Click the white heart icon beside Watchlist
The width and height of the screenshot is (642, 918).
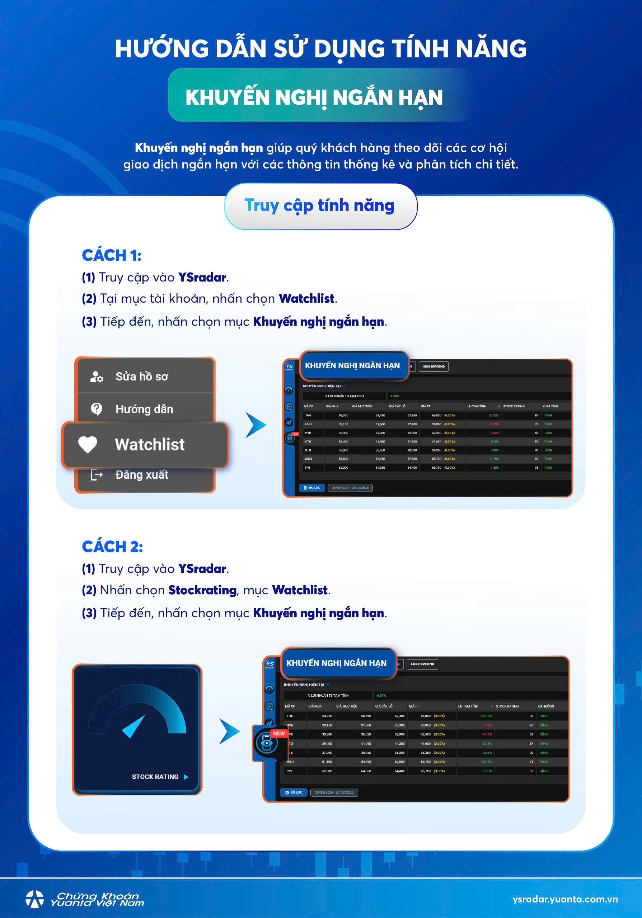pos(88,444)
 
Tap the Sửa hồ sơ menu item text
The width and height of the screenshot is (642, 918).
pos(142,376)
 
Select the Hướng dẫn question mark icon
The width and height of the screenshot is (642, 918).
pos(97,409)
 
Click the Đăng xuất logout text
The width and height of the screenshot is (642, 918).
pos(142,474)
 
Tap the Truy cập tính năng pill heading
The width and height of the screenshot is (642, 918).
pos(320,205)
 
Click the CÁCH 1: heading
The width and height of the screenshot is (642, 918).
pos(112,255)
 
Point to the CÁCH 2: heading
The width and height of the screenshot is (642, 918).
pos(112,546)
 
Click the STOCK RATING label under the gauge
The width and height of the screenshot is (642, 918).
pos(155,776)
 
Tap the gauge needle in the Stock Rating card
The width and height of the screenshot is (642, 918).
pos(133,727)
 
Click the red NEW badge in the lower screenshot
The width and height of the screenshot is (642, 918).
pos(279,733)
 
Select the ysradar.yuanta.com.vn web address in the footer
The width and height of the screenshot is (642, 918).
pos(565,899)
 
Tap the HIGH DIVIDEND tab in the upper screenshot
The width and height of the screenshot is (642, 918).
pos(433,366)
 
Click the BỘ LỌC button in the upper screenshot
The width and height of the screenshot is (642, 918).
pos(312,487)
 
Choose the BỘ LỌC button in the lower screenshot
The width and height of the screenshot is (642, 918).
pos(294,792)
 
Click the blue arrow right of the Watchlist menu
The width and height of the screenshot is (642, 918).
pos(255,425)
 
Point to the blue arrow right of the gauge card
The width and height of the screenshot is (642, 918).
pos(229,731)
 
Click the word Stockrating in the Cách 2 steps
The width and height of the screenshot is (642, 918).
pos(202,590)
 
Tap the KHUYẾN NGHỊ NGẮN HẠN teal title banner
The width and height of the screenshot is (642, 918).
pos(314,97)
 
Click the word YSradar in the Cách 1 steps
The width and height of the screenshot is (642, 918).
pos(202,277)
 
